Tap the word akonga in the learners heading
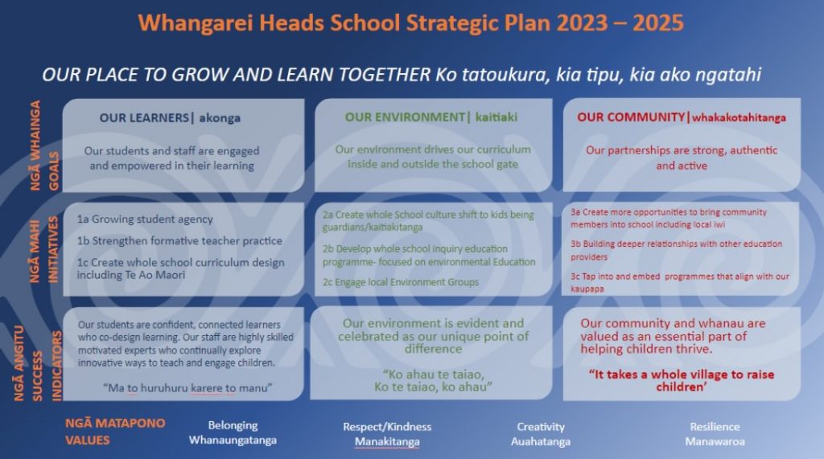coord(220,119)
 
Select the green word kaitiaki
coord(496,117)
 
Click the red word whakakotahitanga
coord(739,117)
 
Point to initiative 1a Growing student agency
coord(145,219)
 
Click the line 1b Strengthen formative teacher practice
coord(179,241)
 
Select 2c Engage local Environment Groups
coord(401,282)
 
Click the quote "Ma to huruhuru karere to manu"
coord(187,388)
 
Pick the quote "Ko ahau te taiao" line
coord(434,375)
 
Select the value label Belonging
coord(233,425)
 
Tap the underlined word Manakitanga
coord(387,441)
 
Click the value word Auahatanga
coord(541,441)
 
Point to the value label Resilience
coord(715,427)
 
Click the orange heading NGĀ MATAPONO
coord(115,424)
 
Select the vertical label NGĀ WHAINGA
coord(35,145)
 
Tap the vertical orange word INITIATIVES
coord(53,250)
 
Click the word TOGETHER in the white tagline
coord(384,75)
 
